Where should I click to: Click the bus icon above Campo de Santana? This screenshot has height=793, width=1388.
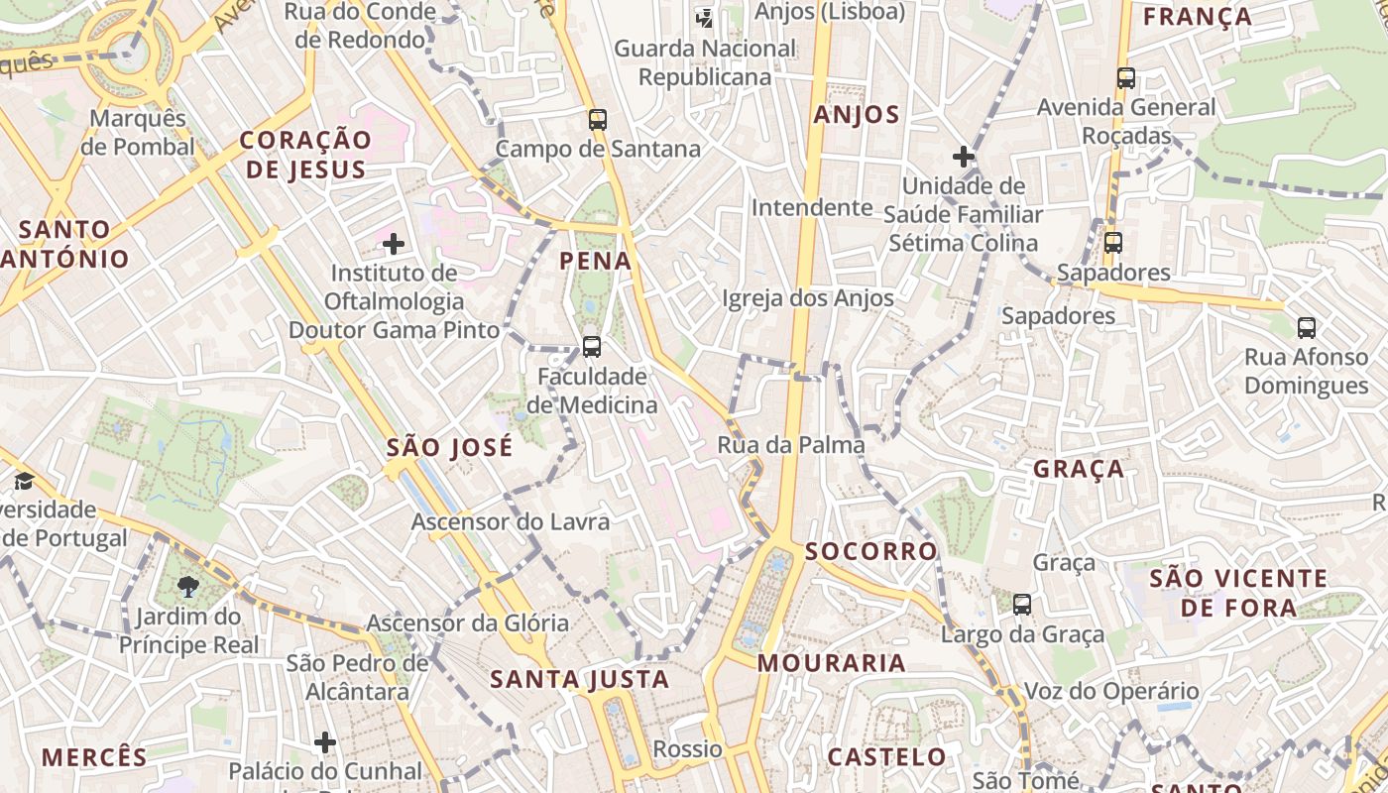coord(597,120)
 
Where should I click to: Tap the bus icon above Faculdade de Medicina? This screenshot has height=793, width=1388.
coord(592,347)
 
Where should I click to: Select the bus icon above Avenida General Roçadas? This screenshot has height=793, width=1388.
coord(1125,78)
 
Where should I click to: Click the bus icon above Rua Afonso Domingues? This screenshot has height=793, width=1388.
coord(1307,328)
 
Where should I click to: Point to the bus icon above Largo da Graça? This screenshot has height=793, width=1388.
coord(1022,604)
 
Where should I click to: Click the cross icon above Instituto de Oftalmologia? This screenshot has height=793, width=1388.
coord(394,244)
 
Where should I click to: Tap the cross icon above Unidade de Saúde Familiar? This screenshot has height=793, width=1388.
coord(963,157)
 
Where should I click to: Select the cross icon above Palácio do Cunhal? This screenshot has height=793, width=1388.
coord(325,741)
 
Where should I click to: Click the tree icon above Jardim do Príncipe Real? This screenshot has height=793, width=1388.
coord(187,587)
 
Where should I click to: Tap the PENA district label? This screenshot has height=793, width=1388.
coord(595,261)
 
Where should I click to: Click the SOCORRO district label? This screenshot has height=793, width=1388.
coord(871,551)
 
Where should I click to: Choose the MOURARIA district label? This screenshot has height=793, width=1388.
coord(832,663)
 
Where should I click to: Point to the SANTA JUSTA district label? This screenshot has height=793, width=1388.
coord(580,680)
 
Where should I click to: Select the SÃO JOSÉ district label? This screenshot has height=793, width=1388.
coord(450,447)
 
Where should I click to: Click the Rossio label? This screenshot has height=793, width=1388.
coord(687,748)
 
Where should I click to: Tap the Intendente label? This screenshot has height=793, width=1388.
coord(812,208)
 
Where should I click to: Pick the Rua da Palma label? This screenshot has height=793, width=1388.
coord(791,445)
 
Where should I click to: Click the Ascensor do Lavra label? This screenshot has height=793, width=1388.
coord(511,521)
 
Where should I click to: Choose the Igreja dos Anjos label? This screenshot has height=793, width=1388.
coord(807,298)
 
